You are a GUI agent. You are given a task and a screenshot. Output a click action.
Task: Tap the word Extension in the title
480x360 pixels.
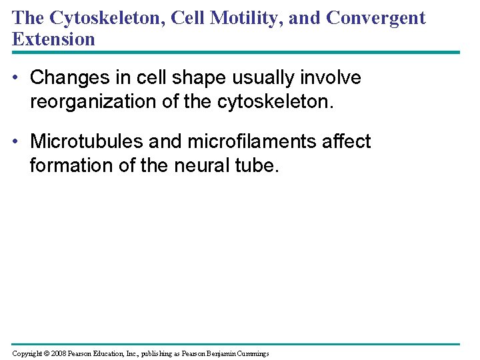click(53, 39)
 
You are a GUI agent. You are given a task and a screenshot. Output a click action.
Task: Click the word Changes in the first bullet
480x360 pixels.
click(65, 78)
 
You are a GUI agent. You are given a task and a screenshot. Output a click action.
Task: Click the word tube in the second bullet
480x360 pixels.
click(256, 165)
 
